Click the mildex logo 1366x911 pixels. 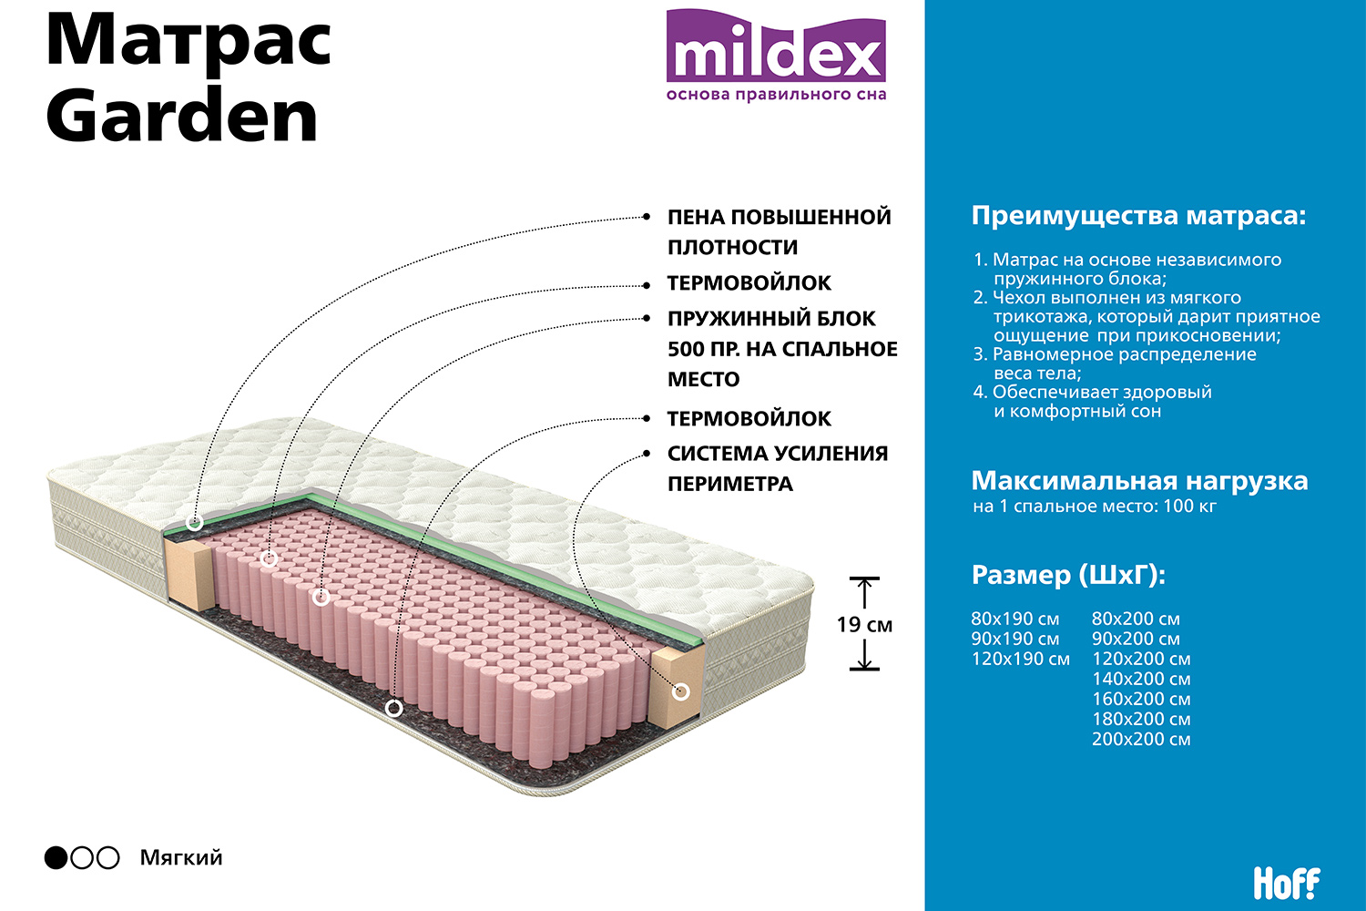776,55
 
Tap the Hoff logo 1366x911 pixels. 1286,883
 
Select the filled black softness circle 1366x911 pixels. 56,857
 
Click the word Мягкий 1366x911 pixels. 181,858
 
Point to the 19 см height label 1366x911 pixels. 864,624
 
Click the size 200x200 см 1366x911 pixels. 1141,739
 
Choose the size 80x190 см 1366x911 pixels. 1015,619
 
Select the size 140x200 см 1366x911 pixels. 1141,679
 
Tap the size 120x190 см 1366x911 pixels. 1020,659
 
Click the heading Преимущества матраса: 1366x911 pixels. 1138,215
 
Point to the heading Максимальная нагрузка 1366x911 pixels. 1139,481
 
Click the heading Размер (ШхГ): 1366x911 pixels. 1068,575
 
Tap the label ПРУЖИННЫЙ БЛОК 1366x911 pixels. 771,319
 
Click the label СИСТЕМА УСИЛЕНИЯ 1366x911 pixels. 778,454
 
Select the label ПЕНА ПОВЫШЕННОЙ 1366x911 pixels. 780,217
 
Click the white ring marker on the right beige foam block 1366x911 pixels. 680,692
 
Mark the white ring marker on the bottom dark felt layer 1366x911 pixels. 394,709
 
